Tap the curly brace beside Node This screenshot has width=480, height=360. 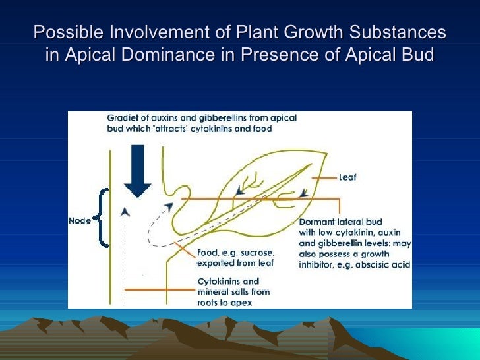pos(102,217)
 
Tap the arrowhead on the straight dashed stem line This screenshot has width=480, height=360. pos(125,211)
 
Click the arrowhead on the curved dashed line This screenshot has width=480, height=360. pos(169,207)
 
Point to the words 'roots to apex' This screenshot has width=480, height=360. pos(226,303)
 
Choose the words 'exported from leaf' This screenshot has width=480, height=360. pos(236,263)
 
